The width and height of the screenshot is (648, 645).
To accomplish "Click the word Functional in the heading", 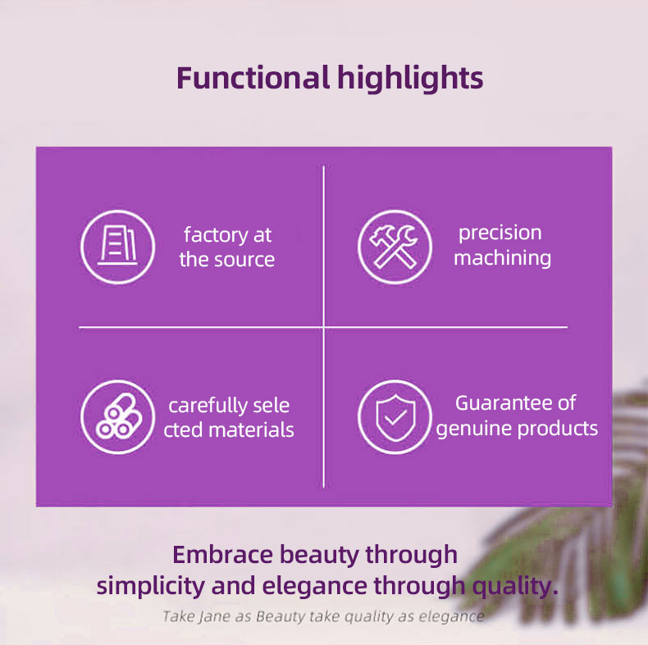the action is click(x=253, y=78).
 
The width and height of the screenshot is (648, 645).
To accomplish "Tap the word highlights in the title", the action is click(x=410, y=78).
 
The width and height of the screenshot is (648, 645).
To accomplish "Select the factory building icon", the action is click(x=118, y=247).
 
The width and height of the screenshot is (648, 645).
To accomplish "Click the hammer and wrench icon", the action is click(x=395, y=247).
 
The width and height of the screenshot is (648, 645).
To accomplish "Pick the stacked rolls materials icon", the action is click(x=118, y=416).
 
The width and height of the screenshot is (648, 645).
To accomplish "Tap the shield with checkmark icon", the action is click(x=395, y=416).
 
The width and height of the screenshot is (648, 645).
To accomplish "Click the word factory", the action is click(x=216, y=235).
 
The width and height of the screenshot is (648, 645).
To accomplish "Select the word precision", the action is click(x=500, y=234).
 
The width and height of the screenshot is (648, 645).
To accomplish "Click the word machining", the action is click(x=503, y=258).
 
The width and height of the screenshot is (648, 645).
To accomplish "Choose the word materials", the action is click(x=251, y=430).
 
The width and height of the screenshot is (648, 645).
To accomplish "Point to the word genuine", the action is click(x=474, y=429).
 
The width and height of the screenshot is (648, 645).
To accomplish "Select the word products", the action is click(x=558, y=429).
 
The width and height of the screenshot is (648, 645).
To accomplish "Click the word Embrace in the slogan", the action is click(x=222, y=555).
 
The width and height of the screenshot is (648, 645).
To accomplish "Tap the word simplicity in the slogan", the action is click(x=150, y=586).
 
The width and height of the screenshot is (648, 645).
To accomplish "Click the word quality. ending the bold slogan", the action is click(x=515, y=586).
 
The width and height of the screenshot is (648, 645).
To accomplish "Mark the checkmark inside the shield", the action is click(x=395, y=419).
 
